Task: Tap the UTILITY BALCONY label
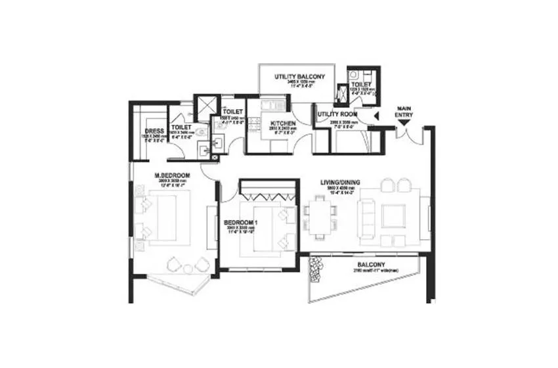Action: (x=299, y=78)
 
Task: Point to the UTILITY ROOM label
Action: (x=337, y=114)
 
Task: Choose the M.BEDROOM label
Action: (x=172, y=175)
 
